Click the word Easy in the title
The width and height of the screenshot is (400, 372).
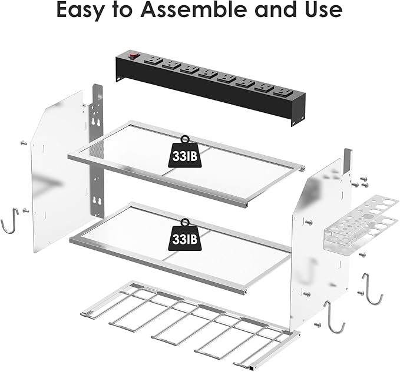[x=82, y=11]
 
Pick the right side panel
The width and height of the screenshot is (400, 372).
[x=318, y=247]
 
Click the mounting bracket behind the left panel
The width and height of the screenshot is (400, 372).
[x=97, y=147]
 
